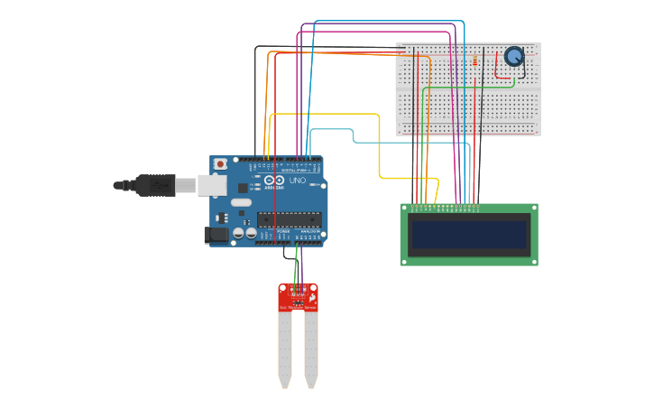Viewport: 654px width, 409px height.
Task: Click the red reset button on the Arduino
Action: [220, 164]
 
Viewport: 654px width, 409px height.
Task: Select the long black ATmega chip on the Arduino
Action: [289, 218]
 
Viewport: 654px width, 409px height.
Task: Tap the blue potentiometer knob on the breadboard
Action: [513, 56]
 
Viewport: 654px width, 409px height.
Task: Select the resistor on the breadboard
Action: [475, 60]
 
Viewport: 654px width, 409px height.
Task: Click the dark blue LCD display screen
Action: [468, 235]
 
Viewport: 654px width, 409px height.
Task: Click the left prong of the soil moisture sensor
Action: [285, 348]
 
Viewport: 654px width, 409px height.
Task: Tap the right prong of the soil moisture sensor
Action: [311, 348]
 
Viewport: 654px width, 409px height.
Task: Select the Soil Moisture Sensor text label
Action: [298, 308]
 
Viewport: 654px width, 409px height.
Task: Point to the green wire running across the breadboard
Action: [469, 88]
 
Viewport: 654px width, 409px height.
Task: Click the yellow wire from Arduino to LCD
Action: [379, 144]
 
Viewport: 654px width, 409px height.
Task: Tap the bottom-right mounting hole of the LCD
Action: [533, 261]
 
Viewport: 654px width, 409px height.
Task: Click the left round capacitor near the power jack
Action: [238, 233]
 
